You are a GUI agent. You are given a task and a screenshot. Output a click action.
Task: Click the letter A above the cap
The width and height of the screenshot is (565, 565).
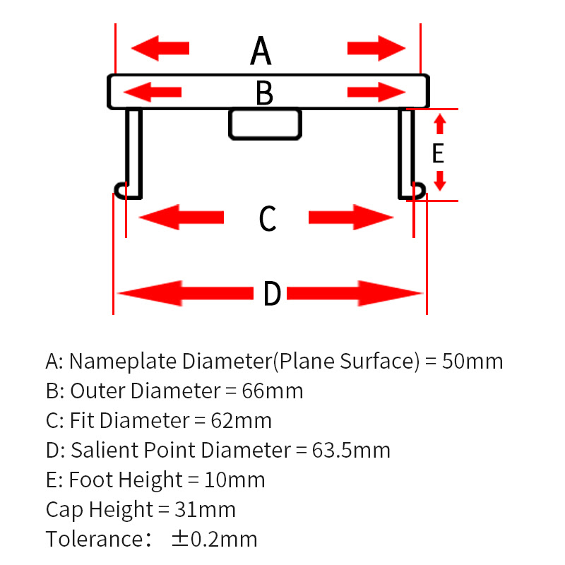(x=261, y=50)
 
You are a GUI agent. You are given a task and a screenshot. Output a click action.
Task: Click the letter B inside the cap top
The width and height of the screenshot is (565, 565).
(x=264, y=93)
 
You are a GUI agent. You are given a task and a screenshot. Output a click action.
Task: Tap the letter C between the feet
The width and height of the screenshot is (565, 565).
(x=268, y=218)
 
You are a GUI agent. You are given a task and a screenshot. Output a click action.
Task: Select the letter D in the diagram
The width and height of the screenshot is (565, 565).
(x=272, y=294)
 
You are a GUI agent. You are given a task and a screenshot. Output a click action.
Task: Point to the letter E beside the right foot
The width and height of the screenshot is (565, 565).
(x=438, y=153)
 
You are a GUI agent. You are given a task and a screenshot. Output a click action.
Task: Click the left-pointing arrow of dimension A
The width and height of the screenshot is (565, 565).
(x=160, y=48)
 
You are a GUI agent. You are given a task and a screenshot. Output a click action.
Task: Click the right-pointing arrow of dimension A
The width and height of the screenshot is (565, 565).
(x=376, y=48)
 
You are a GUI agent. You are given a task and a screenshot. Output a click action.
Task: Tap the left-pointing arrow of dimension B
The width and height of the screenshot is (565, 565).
(x=153, y=92)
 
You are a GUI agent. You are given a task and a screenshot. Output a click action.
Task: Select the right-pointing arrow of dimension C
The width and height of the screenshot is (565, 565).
(x=351, y=218)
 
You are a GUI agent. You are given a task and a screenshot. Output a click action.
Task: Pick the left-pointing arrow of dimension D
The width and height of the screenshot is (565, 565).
(x=185, y=293)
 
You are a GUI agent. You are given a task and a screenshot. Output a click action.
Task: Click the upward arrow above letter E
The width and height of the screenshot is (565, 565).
(x=440, y=124)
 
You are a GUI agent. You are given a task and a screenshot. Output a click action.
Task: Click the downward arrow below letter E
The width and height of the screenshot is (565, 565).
(x=440, y=181)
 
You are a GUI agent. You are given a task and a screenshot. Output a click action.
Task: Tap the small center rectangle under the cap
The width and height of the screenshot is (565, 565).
(x=266, y=124)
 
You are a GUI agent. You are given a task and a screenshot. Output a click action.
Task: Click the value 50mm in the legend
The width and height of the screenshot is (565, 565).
(x=472, y=361)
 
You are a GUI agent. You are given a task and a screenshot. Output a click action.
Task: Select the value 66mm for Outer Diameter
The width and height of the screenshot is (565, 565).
(x=273, y=391)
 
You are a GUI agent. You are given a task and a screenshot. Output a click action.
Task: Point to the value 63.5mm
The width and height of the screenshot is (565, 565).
(x=351, y=450)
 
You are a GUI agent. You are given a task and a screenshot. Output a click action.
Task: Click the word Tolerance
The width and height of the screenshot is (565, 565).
(x=95, y=539)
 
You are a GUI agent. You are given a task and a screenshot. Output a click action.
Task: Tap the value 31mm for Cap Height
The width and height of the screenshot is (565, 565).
(x=205, y=509)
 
